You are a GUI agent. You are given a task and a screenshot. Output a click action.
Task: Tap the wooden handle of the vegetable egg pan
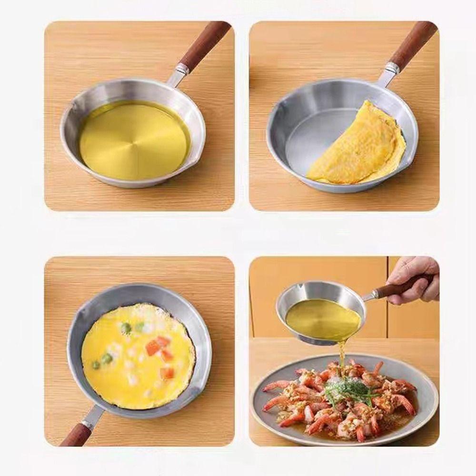coord(76,435)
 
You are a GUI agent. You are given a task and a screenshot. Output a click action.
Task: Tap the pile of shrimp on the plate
coord(333,405)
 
